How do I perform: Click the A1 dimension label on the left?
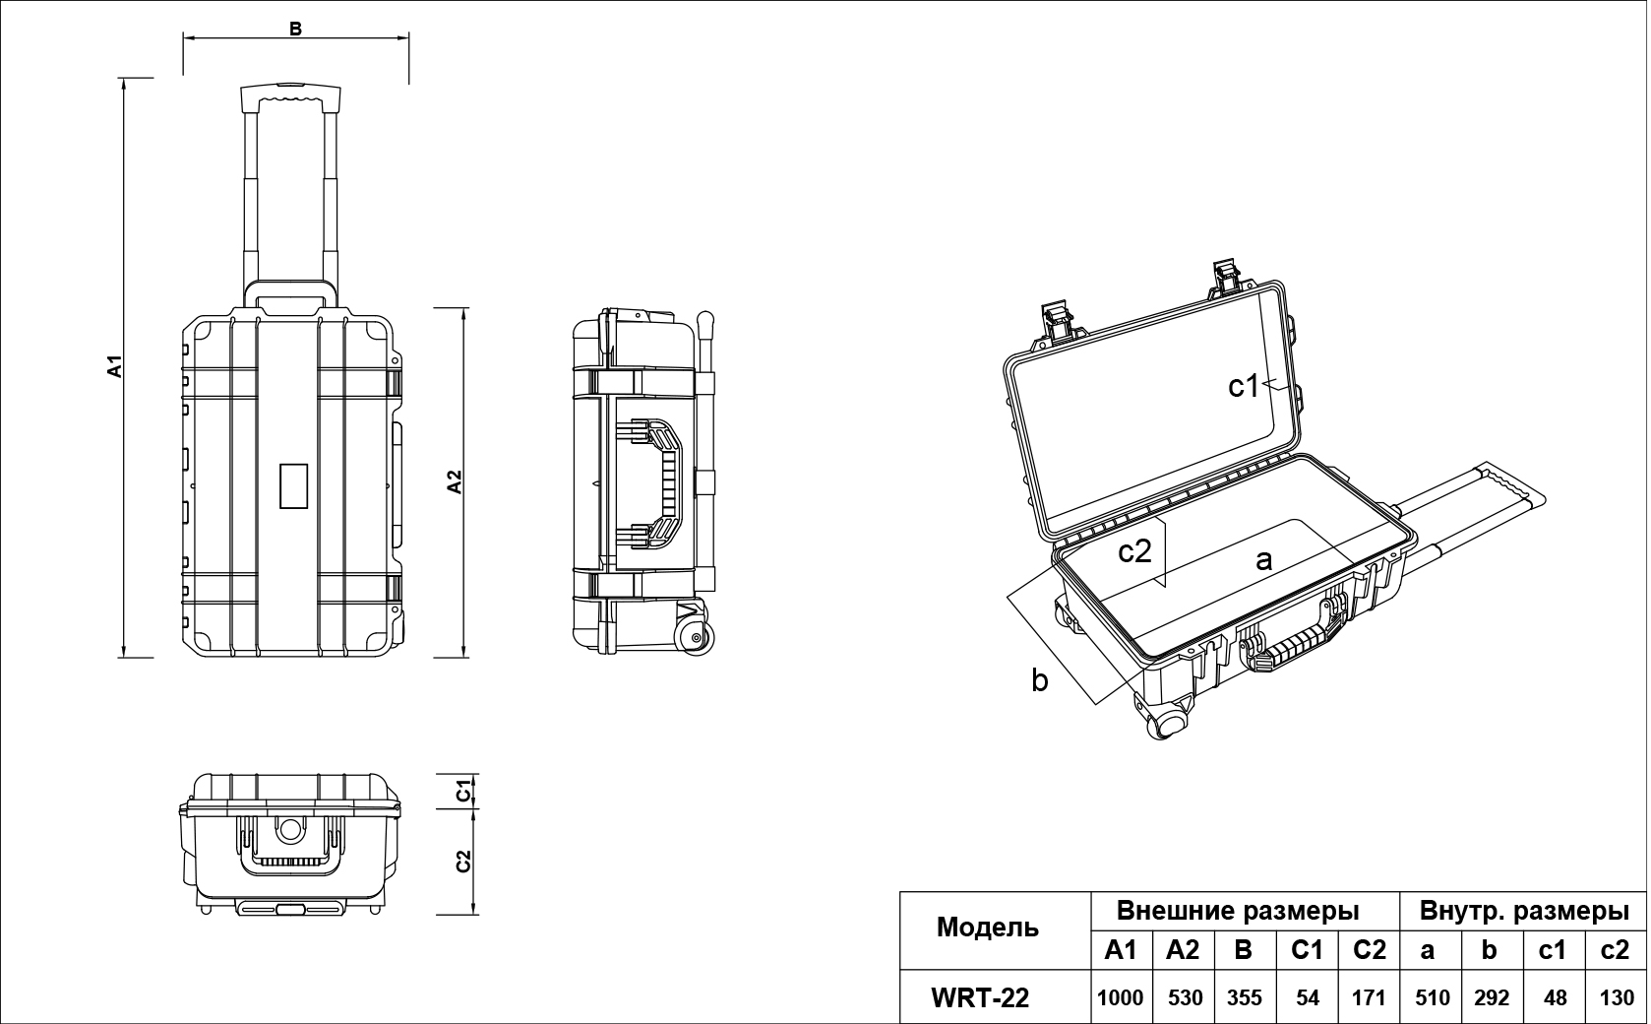[x=115, y=365]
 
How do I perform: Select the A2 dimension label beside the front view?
[x=454, y=481]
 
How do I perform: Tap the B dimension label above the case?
[x=294, y=29]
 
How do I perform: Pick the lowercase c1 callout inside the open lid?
[x=1244, y=387]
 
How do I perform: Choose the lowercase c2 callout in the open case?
[x=1134, y=551]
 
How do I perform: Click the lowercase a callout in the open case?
[x=1264, y=560]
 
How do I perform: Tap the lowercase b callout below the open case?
[x=1040, y=679]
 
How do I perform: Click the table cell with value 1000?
[x=1121, y=997]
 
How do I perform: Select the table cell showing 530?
[x=1185, y=997]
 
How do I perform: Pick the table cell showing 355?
[x=1245, y=997]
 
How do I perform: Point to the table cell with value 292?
[x=1491, y=997]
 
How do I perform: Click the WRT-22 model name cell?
[x=980, y=997]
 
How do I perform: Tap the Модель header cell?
[x=987, y=927]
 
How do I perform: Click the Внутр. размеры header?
[x=1523, y=911]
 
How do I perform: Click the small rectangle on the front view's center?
[x=294, y=485]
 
